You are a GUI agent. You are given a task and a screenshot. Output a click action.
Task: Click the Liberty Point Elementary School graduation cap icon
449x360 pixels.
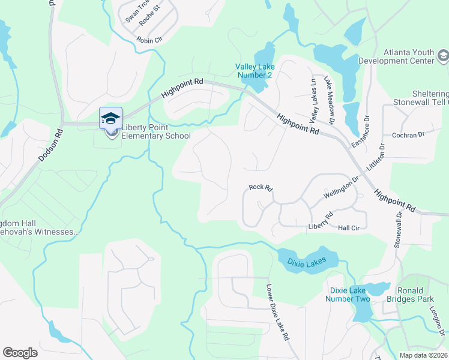click(110, 118)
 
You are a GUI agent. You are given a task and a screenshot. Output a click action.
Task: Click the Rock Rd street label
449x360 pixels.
click(261, 188)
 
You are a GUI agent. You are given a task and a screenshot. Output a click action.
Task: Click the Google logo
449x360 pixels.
click(20, 352)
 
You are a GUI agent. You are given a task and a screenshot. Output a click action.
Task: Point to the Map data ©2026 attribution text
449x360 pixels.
click(423, 355)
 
